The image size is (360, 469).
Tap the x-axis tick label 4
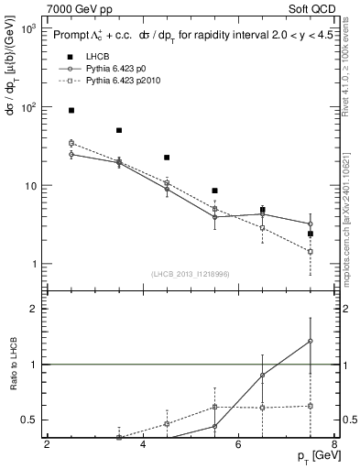(x=143, y=445)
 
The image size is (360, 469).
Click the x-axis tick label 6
(x=238, y=445)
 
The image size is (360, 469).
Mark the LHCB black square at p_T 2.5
(x=71, y=110)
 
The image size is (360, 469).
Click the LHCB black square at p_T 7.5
(x=310, y=234)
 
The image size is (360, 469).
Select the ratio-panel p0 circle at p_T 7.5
(x=310, y=341)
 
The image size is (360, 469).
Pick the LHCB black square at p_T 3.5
(x=119, y=130)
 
